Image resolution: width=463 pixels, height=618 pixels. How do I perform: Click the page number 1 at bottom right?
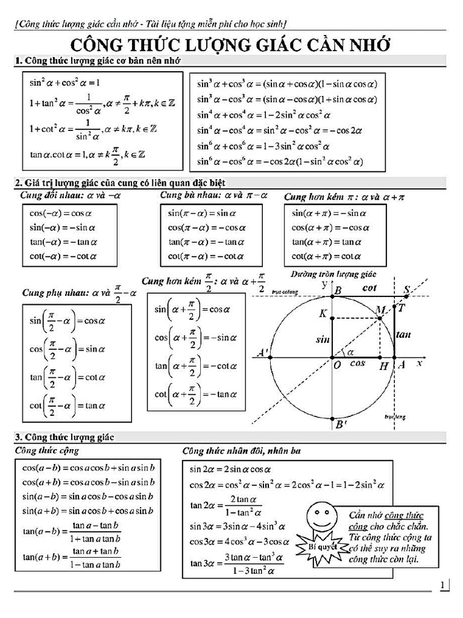(444, 584)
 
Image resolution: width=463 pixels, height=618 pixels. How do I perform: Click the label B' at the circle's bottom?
(341, 425)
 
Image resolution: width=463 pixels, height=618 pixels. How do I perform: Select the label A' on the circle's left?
(263, 352)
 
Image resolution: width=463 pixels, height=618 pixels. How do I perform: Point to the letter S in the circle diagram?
(406, 290)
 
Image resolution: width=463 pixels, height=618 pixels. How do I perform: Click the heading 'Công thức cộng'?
(46, 450)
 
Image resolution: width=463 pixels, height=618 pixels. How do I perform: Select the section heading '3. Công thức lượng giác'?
(65, 436)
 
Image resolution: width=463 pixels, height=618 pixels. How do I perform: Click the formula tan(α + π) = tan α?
(330, 242)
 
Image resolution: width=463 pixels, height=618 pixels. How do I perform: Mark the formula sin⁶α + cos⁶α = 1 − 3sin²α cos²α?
(263, 146)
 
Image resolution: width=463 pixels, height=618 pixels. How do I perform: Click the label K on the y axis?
(323, 314)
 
